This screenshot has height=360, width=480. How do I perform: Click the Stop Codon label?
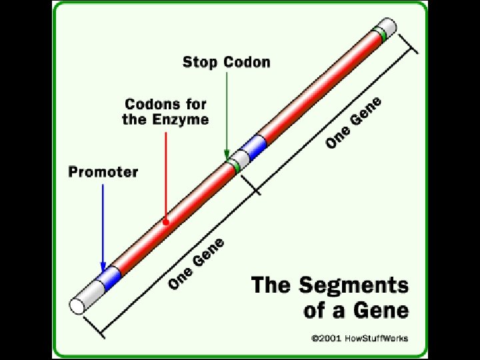(x=227, y=63)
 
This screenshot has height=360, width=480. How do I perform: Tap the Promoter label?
(x=103, y=172)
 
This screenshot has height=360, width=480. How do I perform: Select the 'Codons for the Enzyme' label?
(x=165, y=112)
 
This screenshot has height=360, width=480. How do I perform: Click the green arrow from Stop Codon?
(x=227, y=113)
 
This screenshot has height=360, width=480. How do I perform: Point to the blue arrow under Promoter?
(x=103, y=227)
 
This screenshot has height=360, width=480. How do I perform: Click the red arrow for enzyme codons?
(x=165, y=173)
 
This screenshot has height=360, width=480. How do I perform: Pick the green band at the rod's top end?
(x=381, y=33)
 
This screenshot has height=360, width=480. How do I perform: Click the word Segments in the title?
(x=354, y=285)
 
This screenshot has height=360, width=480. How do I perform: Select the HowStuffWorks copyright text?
(x=359, y=338)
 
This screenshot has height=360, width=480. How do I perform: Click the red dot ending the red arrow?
(x=165, y=221)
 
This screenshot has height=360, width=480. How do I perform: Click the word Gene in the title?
(x=382, y=310)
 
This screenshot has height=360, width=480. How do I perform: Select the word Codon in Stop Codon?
(x=247, y=63)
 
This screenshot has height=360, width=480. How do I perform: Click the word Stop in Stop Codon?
(x=201, y=63)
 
